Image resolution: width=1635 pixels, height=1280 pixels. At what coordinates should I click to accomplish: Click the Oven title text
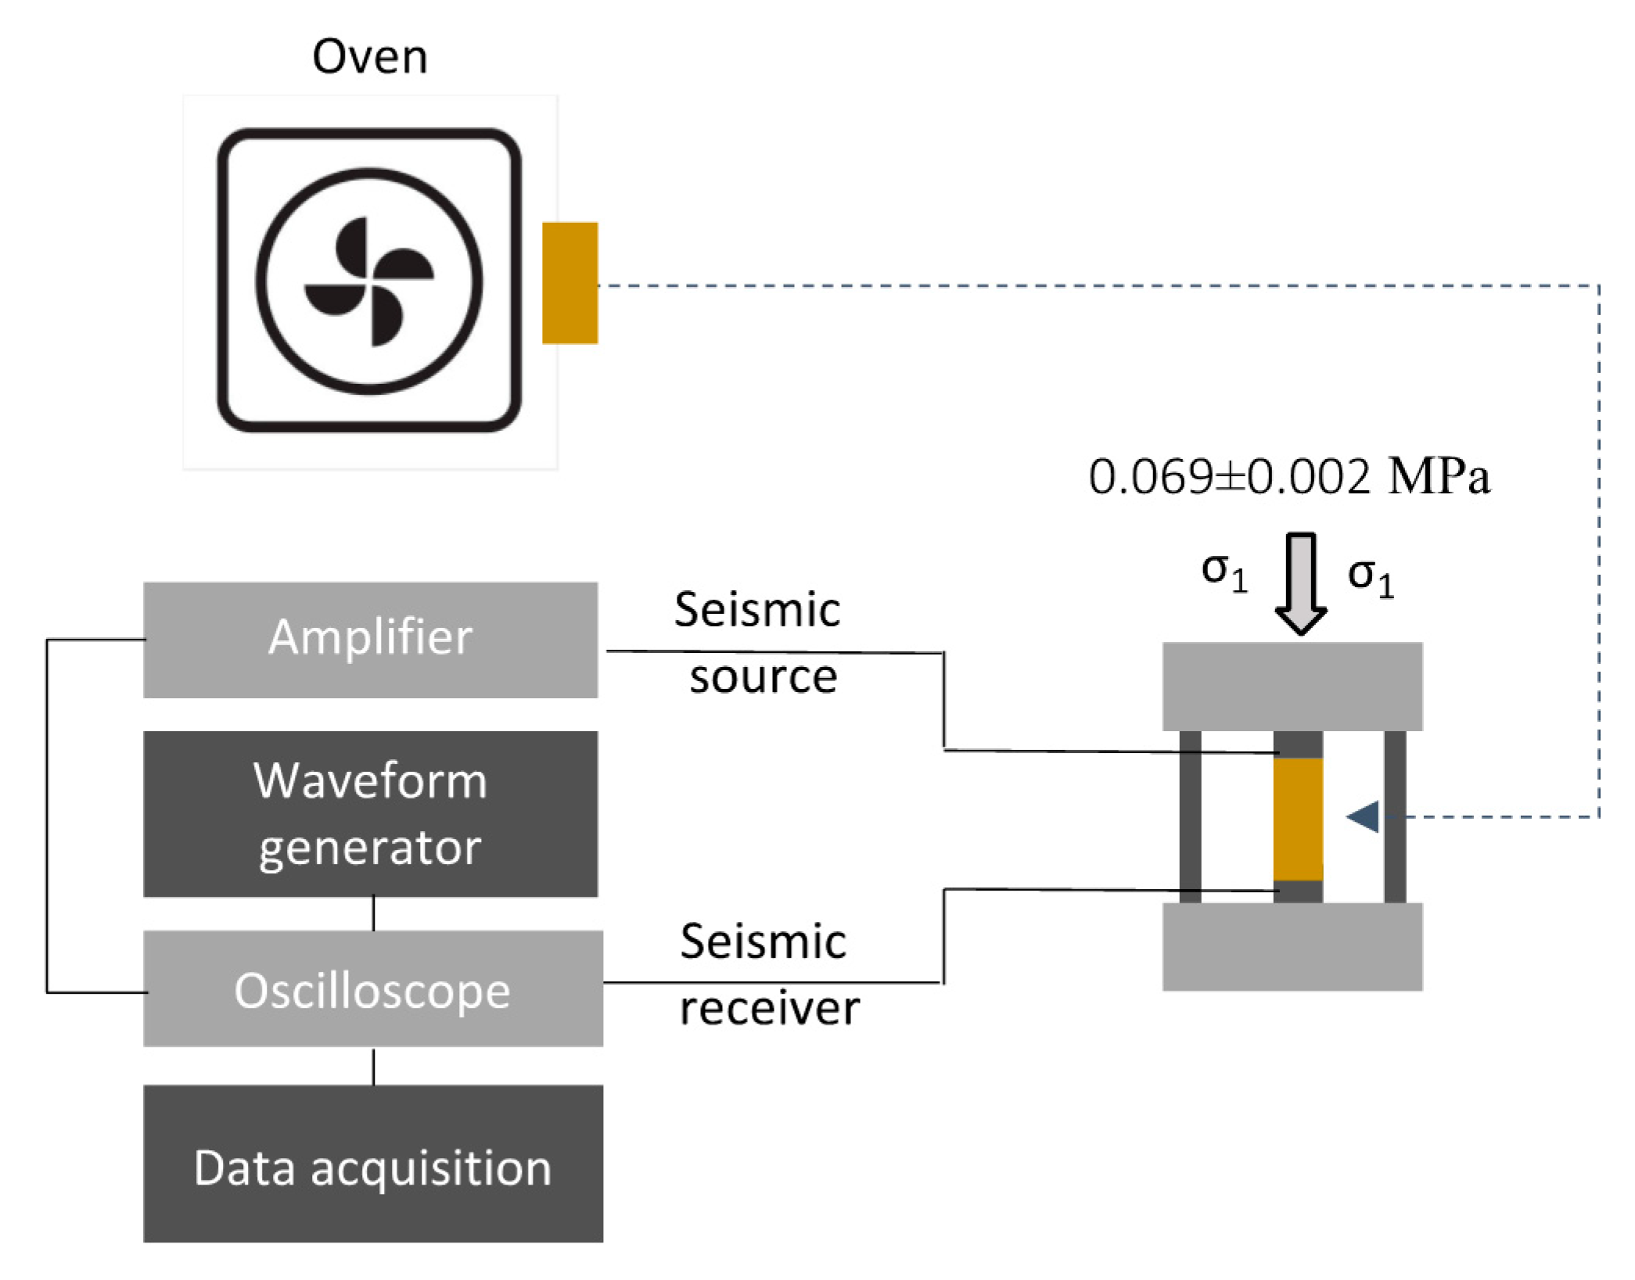[369, 57]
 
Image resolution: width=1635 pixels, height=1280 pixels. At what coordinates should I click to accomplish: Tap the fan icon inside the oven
[368, 281]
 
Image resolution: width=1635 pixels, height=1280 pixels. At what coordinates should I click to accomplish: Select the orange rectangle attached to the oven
[570, 282]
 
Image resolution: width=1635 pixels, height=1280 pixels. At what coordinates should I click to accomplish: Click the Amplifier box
[370, 639]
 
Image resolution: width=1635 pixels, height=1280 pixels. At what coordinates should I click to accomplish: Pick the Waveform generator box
[370, 813]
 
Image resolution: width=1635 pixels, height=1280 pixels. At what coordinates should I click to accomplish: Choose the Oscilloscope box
[372, 988]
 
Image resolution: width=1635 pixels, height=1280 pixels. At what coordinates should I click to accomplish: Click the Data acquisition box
[372, 1167]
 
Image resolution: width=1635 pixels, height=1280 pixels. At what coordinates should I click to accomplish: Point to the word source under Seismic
[763, 676]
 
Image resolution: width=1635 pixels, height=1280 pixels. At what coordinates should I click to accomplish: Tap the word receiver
[769, 1008]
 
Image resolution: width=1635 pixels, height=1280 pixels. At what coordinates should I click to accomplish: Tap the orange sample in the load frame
[1298, 819]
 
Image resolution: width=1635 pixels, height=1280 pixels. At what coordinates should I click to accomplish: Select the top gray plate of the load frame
[1292, 686]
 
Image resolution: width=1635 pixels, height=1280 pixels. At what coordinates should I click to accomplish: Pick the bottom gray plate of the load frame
[1292, 946]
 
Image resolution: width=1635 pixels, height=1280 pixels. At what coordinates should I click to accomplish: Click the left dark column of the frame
[1190, 816]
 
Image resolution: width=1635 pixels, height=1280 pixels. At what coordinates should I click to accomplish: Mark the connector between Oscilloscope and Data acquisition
[373, 1067]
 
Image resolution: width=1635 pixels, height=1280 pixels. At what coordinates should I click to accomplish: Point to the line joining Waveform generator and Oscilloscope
[373, 913]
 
